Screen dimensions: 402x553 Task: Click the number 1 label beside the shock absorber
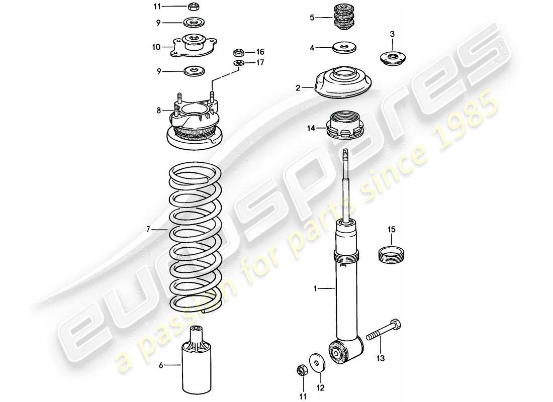click(315, 288)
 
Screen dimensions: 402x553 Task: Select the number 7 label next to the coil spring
click(148, 230)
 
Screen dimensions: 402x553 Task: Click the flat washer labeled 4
click(344, 48)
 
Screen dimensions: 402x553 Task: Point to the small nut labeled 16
click(239, 52)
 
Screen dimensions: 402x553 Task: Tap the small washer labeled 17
click(239, 63)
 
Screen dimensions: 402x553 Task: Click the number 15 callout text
click(391, 230)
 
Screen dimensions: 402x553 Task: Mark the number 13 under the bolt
click(381, 358)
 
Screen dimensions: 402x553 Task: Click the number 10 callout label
click(156, 47)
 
